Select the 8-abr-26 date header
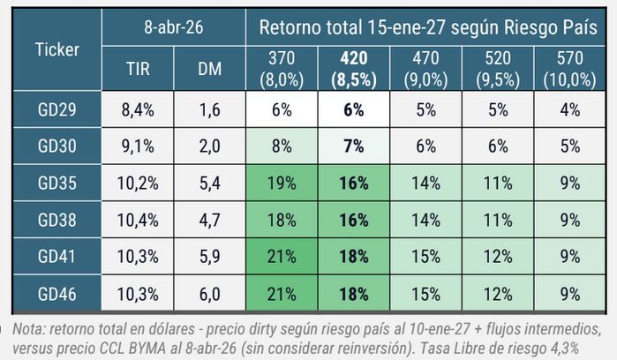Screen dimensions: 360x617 (x=173, y=27)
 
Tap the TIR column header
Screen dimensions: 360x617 (x=138, y=70)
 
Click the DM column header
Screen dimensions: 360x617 (x=209, y=70)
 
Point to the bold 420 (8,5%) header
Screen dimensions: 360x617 (x=353, y=69)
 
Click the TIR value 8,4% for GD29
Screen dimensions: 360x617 (x=138, y=109)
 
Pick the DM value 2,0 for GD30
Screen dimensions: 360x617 (x=209, y=146)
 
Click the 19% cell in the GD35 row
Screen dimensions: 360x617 (x=282, y=184)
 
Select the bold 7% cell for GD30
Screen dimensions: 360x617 (x=353, y=146)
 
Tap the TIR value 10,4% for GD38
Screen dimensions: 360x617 (x=138, y=221)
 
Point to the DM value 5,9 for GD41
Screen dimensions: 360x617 (x=209, y=257)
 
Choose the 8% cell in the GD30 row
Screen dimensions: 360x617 (x=282, y=146)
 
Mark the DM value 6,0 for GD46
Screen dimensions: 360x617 (x=209, y=294)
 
